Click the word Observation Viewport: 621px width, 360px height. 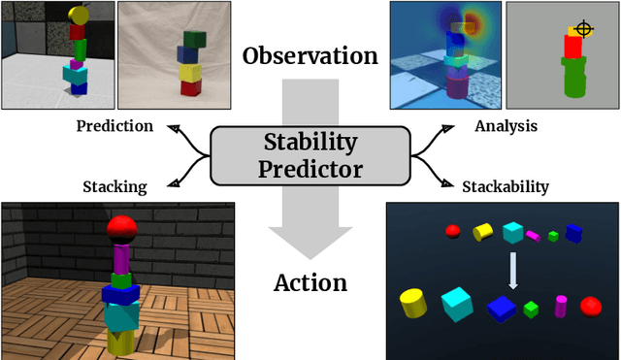(310, 55)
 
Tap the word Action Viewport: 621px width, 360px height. (310, 283)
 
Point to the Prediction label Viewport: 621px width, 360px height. (114, 126)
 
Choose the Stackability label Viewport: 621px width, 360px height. (505, 187)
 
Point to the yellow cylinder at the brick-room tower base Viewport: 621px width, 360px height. (121, 340)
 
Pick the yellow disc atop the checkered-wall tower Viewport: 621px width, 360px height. (79, 16)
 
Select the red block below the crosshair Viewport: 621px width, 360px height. (573, 46)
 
